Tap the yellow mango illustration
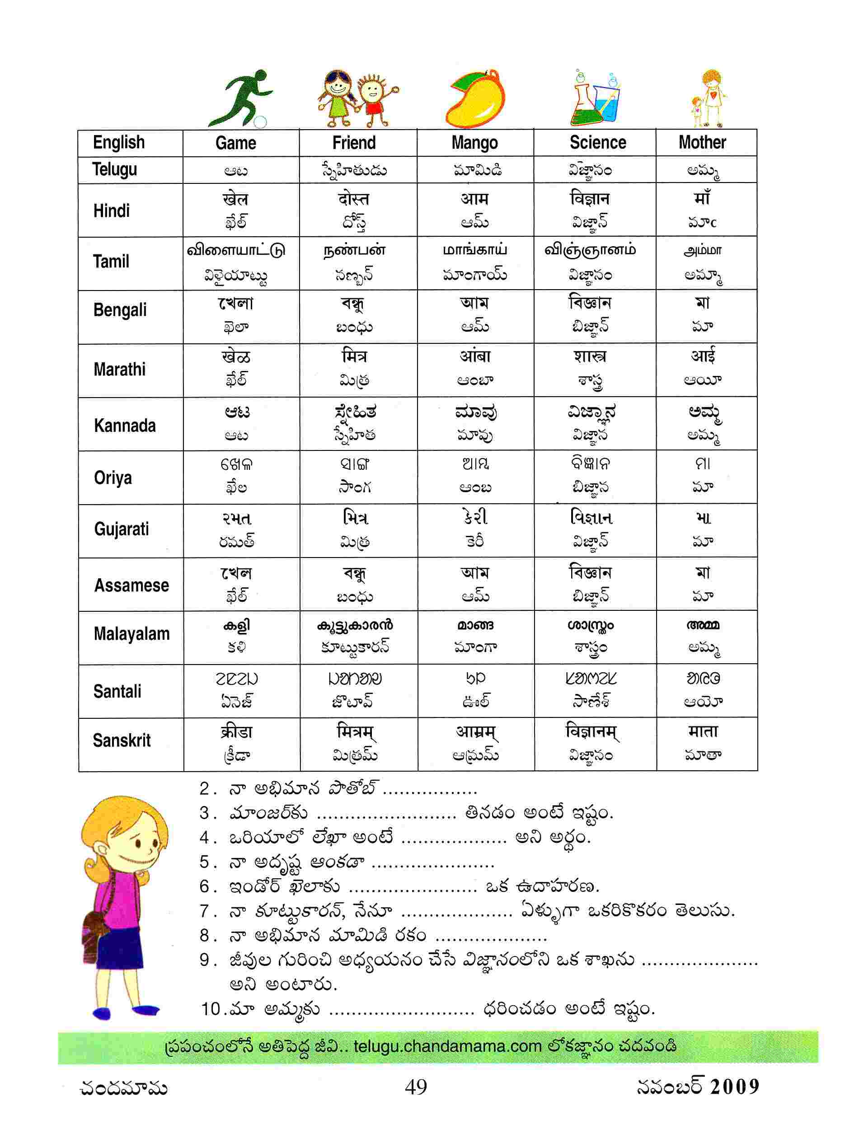[x=475, y=98]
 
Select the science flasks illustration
[x=597, y=98]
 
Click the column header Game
[x=235, y=143]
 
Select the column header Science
[x=597, y=142]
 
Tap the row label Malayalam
[x=131, y=634]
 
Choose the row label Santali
[x=117, y=691]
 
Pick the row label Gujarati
[x=122, y=529]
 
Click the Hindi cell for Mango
[x=474, y=210]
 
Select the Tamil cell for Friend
[x=355, y=262]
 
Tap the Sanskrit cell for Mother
[x=703, y=743]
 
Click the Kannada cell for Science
[x=591, y=423]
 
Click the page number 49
[x=416, y=1086]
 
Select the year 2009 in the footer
[x=734, y=1086]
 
